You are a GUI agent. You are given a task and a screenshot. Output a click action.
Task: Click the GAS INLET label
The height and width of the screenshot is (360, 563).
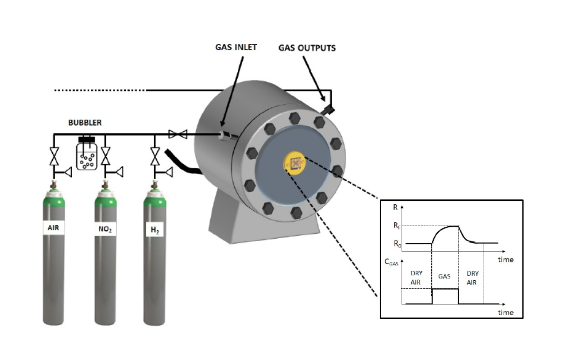236,47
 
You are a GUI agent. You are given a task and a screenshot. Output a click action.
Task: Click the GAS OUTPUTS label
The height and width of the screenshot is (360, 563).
307,48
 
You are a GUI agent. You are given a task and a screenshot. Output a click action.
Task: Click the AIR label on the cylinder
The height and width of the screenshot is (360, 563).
53,229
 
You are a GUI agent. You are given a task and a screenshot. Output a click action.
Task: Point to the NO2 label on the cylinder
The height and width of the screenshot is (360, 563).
106,229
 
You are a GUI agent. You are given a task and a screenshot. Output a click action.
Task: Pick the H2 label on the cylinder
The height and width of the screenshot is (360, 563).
154,229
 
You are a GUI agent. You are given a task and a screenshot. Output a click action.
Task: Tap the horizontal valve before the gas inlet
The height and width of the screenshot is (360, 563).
178,134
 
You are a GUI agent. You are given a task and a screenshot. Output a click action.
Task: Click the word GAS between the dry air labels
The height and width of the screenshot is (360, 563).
445,277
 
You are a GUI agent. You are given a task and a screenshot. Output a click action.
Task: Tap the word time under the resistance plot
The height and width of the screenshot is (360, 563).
505,260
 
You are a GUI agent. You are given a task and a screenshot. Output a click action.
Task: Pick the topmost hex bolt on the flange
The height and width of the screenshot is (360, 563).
294,118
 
